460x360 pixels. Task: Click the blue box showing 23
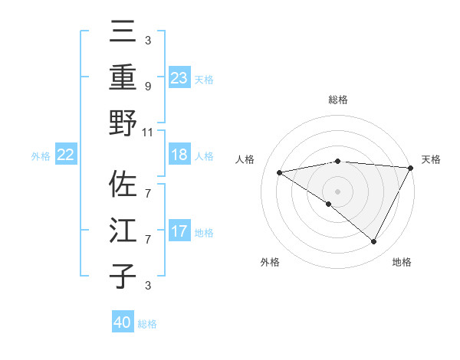[x=179, y=77]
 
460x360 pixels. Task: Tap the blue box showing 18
[x=179, y=155]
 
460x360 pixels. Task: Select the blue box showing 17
[x=179, y=231]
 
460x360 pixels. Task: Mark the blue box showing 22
[x=66, y=155]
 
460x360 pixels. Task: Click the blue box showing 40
[x=123, y=322]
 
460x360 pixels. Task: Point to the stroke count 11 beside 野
[x=148, y=132]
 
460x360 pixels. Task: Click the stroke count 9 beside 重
[x=148, y=87]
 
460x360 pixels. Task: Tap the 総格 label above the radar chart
[x=337, y=100]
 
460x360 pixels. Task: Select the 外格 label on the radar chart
[x=270, y=262]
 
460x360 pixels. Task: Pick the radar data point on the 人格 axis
[x=280, y=172]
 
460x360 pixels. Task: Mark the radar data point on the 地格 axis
[x=374, y=242]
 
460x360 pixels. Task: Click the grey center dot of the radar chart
[x=337, y=190]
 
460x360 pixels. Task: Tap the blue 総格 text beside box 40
[x=147, y=324]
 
